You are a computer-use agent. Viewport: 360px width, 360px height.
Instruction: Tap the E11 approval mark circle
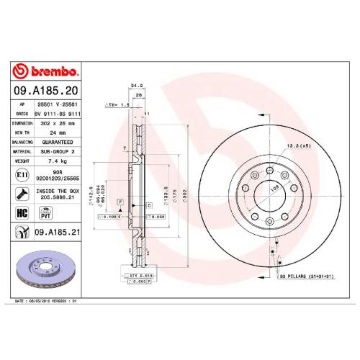22,175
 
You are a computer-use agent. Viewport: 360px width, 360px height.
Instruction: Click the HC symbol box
22,212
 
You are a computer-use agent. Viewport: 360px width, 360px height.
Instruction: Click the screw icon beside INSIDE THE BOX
22,193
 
